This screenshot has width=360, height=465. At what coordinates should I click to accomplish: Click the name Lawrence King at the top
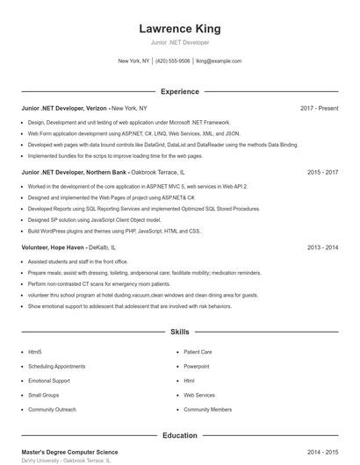click(179, 29)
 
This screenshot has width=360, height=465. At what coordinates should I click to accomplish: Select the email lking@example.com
click(219, 61)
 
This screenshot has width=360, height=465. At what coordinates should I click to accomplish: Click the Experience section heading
click(179, 91)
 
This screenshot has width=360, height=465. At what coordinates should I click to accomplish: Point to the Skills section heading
click(179, 333)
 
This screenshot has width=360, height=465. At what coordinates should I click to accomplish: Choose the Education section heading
click(179, 435)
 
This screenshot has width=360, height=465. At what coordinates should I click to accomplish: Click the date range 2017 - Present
click(319, 108)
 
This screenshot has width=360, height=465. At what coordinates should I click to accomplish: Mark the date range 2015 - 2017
click(322, 173)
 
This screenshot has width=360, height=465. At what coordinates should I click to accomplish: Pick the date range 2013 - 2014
click(322, 248)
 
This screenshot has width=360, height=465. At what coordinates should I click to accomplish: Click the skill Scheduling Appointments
click(56, 366)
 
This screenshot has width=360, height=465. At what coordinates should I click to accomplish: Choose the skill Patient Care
click(198, 351)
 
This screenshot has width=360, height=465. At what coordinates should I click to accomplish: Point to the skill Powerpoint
click(197, 366)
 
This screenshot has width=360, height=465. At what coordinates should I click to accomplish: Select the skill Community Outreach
click(52, 410)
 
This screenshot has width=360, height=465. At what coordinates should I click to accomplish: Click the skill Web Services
click(199, 396)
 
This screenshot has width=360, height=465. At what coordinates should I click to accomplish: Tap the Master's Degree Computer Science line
click(69, 452)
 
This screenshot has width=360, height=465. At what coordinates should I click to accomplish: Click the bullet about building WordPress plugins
click(114, 231)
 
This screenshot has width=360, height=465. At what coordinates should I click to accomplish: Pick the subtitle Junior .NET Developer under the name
click(179, 42)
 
